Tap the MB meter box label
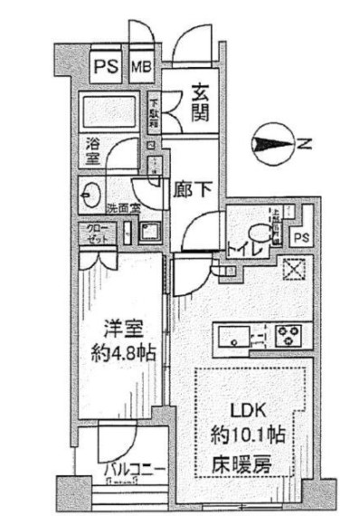click(143, 66)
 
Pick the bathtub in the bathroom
click(111, 113)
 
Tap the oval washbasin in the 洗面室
click(90, 192)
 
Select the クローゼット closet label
click(96, 233)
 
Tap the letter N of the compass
click(305, 143)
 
